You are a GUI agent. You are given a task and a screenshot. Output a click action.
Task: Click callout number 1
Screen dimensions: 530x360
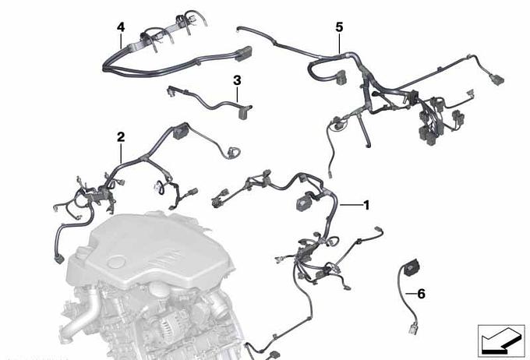[x=366, y=205]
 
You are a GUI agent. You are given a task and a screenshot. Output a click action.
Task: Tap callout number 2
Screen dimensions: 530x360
[x=121, y=137]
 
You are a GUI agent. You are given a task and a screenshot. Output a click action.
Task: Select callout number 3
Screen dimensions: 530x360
[x=237, y=80]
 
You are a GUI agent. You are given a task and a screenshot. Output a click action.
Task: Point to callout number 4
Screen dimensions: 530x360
[x=121, y=27]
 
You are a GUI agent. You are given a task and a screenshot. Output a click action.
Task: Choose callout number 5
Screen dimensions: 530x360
[x=339, y=27]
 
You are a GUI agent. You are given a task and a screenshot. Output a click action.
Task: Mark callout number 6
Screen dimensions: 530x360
[x=421, y=294]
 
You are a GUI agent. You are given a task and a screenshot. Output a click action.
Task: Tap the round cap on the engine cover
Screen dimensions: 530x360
[x=115, y=263]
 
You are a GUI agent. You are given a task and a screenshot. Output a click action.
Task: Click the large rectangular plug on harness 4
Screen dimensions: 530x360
[x=243, y=54]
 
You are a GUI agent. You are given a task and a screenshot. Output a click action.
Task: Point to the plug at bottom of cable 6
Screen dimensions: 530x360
[x=414, y=328]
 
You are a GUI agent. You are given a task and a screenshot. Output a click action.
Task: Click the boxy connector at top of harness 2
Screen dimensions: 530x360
[x=182, y=131]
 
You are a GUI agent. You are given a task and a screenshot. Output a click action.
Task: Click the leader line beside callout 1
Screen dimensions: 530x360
[x=351, y=205]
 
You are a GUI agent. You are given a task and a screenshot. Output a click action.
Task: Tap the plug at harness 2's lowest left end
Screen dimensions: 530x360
[x=58, y=259]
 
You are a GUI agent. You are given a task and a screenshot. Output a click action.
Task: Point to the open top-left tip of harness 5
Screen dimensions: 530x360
[x=238, y=29]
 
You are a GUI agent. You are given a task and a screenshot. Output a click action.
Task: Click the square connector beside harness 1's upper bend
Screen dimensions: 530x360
[x=303, y=202]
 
